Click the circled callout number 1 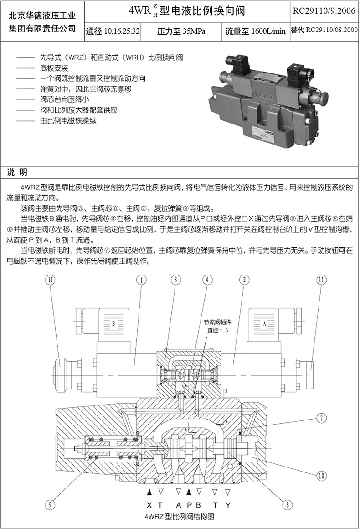pyautogui.click(x=142, y=280)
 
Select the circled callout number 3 pyautogui.click(x=176, y=280)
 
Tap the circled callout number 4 pyautogui.click(x=207, y=280)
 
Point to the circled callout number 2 pyautogui.click(x=245, y=280)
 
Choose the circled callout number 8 pyautogui.click(x=286, y=504)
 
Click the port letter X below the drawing pyautogui.click(x=149, y=505)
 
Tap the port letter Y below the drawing pyautogui.click(x=228, y=505)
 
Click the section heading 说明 pyautogui.click(x=17, y=171)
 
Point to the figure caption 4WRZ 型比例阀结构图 pyautogui.click(x=179, y=517)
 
